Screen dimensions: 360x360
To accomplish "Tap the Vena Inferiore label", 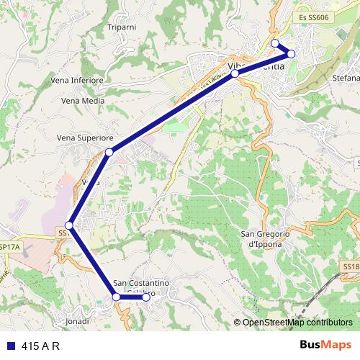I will pyautogui.click(x=78, y=81).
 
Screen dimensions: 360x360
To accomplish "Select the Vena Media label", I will pyautogui.click(x=83, y=101).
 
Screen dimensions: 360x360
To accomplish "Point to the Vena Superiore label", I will pyautogui.click(x=85, y=137).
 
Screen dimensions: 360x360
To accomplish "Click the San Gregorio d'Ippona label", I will pyautogui.click(x=264, y=239).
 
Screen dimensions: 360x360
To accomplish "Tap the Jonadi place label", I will pyautogui.click(x=77, y=320).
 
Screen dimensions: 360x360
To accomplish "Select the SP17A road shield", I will pyautogui.click(x=10, y=246).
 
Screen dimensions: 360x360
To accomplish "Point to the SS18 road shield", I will pyautogui.click(x=351, y=266).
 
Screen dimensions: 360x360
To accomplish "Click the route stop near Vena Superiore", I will pyautogui.click(x=109, y=152).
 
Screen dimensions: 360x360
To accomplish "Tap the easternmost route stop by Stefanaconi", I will pyautogui.click(x=291, y=54).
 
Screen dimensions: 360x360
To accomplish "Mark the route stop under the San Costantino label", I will pyautogui.click(x=145, y=297).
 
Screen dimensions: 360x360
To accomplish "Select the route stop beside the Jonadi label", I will pyautogui.click(x=117, y=297).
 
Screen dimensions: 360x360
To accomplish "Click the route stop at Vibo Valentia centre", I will pyautogui.click(x=235, y=73).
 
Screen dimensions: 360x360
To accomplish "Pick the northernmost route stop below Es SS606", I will pyautogui.click(x=275, y=43).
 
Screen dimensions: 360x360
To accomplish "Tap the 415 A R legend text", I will pyautogui.click(x=40, y=346).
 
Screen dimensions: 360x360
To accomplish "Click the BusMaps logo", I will pyautogui.click(x=325, y=345).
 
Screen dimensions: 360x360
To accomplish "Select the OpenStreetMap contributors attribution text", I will pyautogui.click(x=297, y=323).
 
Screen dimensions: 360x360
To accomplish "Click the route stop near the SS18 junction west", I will pyautogui.click(x=69, y=225).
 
